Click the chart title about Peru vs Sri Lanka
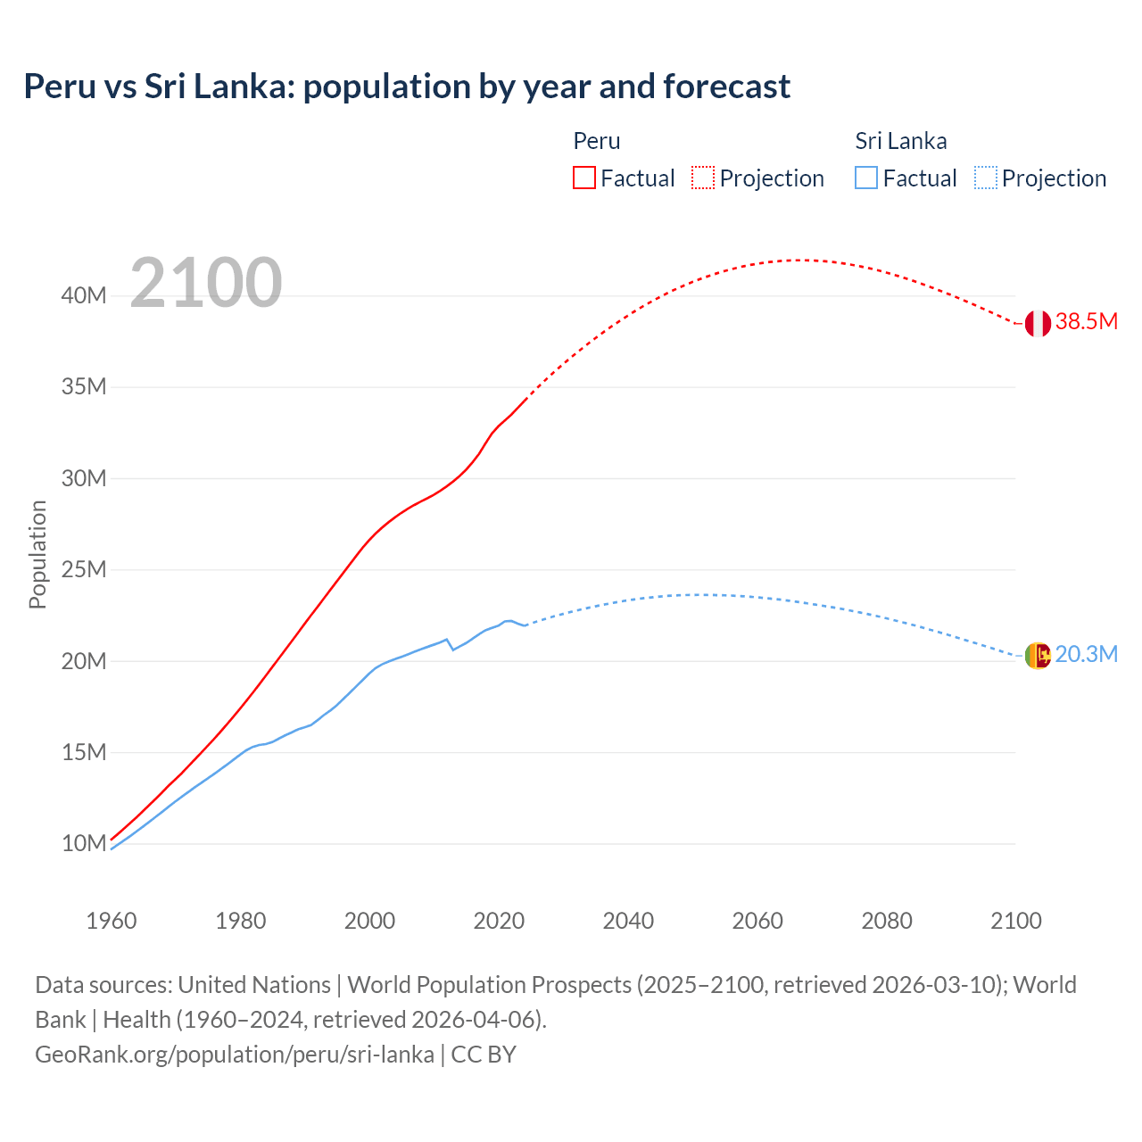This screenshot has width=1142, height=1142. tap(407, 87)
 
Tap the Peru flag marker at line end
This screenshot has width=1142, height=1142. tap(1037, 323)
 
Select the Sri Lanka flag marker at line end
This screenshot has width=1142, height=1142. tap(1037, 656)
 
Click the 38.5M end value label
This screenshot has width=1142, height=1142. tap(1086, 322)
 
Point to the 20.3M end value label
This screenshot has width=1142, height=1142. tap(1086, 655)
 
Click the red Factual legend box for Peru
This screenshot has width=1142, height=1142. tap(583, 178)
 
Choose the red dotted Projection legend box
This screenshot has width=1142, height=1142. tap(703, 178)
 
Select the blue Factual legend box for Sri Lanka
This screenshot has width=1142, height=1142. tap(865, 178)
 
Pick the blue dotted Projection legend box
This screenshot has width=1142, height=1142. tap(985, 178)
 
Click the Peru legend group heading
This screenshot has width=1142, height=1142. tap(596, 141)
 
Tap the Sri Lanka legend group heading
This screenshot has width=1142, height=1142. tap(900, 141)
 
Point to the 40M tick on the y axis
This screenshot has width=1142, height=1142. tap(84, 295)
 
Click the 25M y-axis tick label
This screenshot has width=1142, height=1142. tap(84, 569)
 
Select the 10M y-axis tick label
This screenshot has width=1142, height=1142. tap(84, 843)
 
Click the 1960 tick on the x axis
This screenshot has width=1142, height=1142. tap(112, 921)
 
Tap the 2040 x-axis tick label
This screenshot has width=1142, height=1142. tap(628, 921)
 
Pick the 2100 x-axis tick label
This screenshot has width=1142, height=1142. tap(1015, 921)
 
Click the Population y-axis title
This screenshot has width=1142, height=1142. tap(37, 554)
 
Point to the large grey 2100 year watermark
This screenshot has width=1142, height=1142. tap(206, 283)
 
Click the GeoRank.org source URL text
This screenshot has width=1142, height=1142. tap(235, 1055)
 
